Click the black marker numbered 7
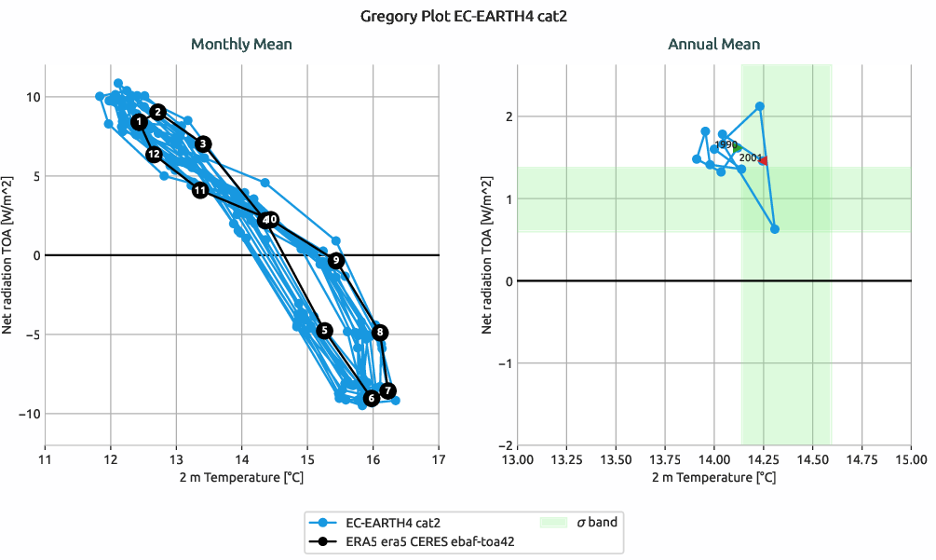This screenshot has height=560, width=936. pyautogui.click(x=388, y=391)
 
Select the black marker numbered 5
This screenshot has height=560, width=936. pyautogui.click(x=325, y=331)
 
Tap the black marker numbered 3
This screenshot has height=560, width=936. pyautogui.click(x=204, y=144)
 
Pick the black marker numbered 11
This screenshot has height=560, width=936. pyautogui.click(x=200, y=190)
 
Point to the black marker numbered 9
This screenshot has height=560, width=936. pyautogui.click(x=336, y=261)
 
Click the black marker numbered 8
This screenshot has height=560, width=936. pyautogui.click(x=379, y=333)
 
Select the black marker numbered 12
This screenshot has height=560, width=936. pyautogui.click(x=155, y=154)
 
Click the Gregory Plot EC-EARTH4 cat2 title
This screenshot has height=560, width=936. pyautogui.click(x=468, y=16)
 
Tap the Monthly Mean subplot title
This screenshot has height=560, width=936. pyautogui.click(x=241, y=44)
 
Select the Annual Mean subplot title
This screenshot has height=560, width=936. pyautogui.click(x=713, y=44)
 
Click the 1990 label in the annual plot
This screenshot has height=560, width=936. pyautogui.click(x=726, y=144)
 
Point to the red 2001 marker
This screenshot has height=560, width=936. pyautogui.click(x=763, y=161)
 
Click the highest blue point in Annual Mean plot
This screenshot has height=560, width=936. pyautogui.click(x=760, y=106)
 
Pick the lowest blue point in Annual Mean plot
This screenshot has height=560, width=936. pyautogui.click(x=775, y=229)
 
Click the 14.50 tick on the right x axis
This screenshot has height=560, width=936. pyautogui.click(x=813, y=459)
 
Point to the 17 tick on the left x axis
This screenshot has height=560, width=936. pyautogui.click(x=439, y=459)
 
